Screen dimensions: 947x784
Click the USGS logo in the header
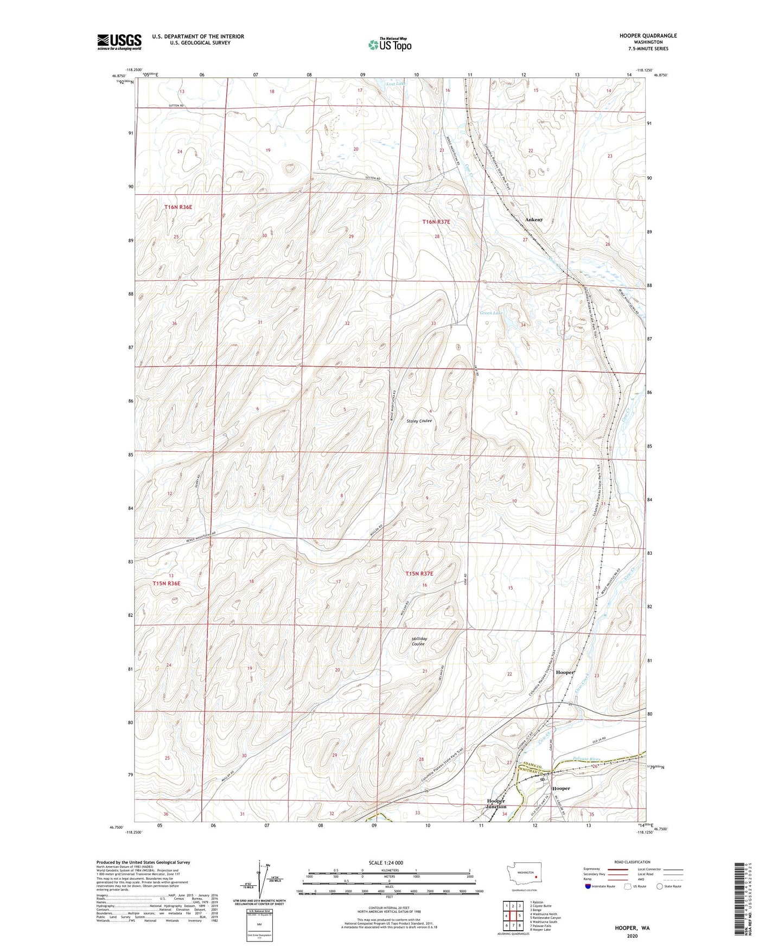coord(119,42)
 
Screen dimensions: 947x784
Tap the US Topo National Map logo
coord(390,44)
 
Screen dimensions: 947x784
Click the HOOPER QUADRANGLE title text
coord(648,36)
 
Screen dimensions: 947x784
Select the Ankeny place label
coord(533,220)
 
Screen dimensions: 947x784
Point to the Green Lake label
coord(491,313)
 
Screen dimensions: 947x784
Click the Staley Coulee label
coord(419,421)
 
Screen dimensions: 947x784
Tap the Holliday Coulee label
coord(419,641)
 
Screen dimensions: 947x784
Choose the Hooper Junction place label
coord(496,803)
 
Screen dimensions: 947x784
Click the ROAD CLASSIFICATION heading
coord(632,862)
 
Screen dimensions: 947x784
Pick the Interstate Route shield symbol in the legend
coord(588,886)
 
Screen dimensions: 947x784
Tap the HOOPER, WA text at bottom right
coord(632,928)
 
